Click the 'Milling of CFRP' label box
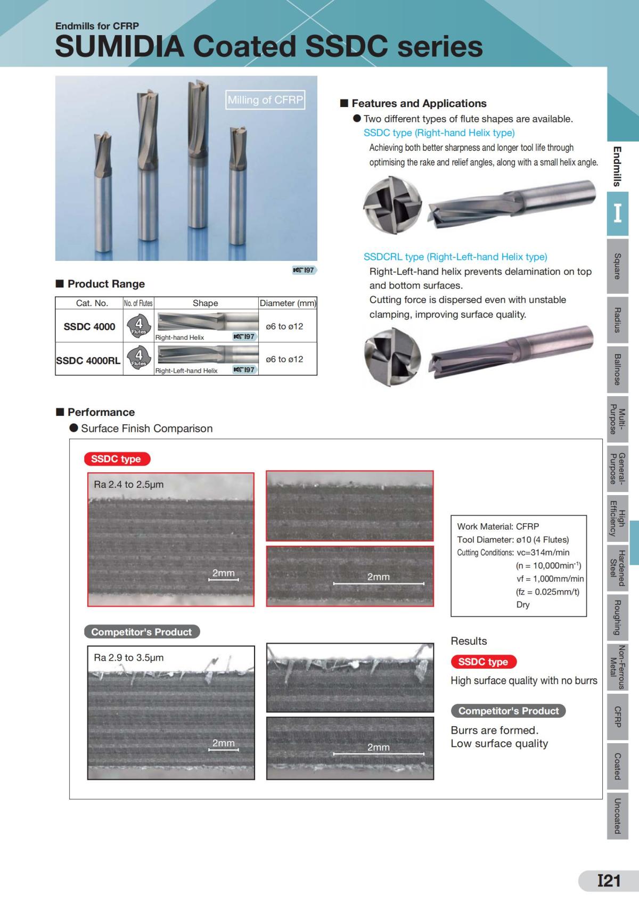265,100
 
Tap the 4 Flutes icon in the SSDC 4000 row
139,326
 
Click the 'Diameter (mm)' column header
288,303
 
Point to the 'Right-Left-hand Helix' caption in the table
186,371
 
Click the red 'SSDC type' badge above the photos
117,459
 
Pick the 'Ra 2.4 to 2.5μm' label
129,484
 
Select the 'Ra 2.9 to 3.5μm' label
129,658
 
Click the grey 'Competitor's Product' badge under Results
508,711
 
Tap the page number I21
609,881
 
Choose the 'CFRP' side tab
618,717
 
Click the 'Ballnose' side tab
618,369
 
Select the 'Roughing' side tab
618,618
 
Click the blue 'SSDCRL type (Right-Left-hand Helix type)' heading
455,257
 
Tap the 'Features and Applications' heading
419,103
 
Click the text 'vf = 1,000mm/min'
550,579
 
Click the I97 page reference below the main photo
305,270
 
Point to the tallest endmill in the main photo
199,154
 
